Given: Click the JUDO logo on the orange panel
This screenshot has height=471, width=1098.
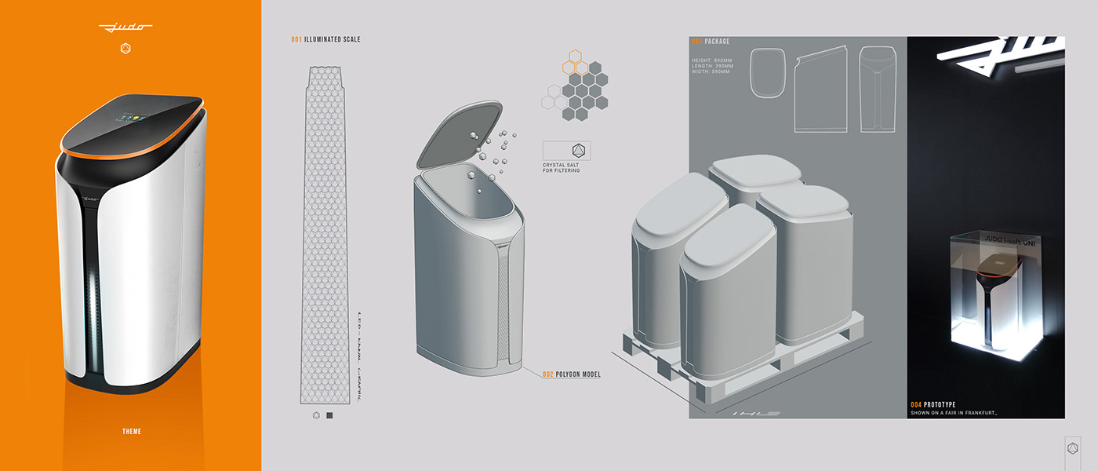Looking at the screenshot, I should coord(125,28).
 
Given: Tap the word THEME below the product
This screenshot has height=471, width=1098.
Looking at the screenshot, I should coord(131,431).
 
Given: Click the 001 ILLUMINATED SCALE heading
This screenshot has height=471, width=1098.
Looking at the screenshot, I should coord(325,39).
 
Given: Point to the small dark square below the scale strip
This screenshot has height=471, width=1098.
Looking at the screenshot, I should coord(329,415).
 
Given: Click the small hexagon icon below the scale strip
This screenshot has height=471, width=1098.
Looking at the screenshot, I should coord(315,415).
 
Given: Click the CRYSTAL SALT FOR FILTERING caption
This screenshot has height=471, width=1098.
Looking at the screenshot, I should coord(562,167).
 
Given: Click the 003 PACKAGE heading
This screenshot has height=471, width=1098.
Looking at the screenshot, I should coord(713,42).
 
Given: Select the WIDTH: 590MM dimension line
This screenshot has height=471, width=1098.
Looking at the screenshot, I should coord(711,71).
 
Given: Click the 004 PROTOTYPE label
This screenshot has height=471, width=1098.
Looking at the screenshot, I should coord(933,404).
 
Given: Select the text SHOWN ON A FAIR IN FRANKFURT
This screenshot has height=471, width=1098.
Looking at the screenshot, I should coord(954,413).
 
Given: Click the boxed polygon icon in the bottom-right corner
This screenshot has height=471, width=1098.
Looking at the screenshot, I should coord(1072,449).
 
